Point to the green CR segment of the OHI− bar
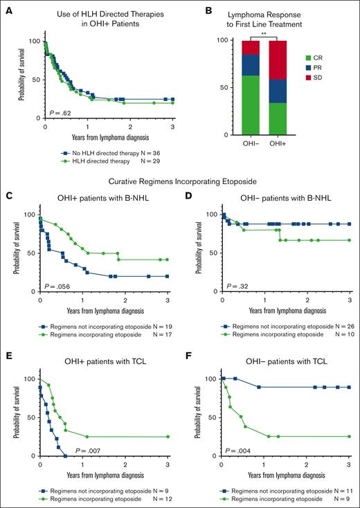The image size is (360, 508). pos(250,105)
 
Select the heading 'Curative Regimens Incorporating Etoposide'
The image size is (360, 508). pos(179,182)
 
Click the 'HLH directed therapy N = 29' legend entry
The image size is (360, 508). pos(109,161)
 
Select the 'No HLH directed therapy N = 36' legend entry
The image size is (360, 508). pos(109,152)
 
